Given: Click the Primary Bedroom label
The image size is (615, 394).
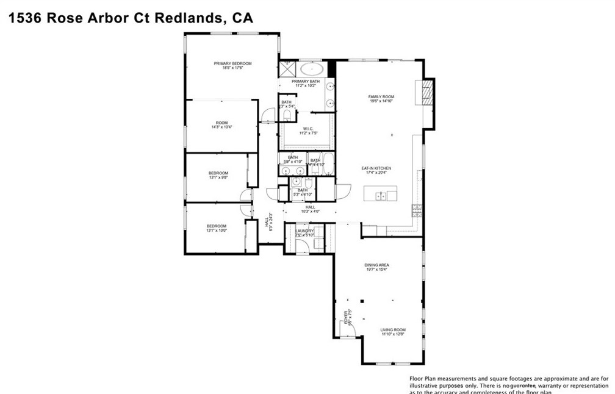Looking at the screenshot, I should (x=232, y=63).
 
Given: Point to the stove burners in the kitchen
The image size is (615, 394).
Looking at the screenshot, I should (x=417, y=210).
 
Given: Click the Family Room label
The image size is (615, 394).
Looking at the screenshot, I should (x=381, y=96).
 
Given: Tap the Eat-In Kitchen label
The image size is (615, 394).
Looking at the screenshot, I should (x=376, y=168).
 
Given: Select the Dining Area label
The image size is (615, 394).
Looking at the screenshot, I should (x=376, y=265).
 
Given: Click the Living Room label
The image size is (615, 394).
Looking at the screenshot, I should (x=394, y=330).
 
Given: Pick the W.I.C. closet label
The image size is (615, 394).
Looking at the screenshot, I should (x=307, y=128).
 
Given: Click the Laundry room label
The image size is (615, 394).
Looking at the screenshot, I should (x=304, y=231).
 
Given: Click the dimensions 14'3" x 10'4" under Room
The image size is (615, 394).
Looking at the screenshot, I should (x=221, y=127).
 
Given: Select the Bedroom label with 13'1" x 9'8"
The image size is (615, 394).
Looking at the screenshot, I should (x=218, y=173).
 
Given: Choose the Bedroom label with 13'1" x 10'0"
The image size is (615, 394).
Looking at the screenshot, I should (x=216, y=226).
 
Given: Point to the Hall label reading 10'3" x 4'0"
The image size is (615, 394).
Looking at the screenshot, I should (x=310, y=207).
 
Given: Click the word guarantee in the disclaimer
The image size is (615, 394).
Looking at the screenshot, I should (x=522, y=385).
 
